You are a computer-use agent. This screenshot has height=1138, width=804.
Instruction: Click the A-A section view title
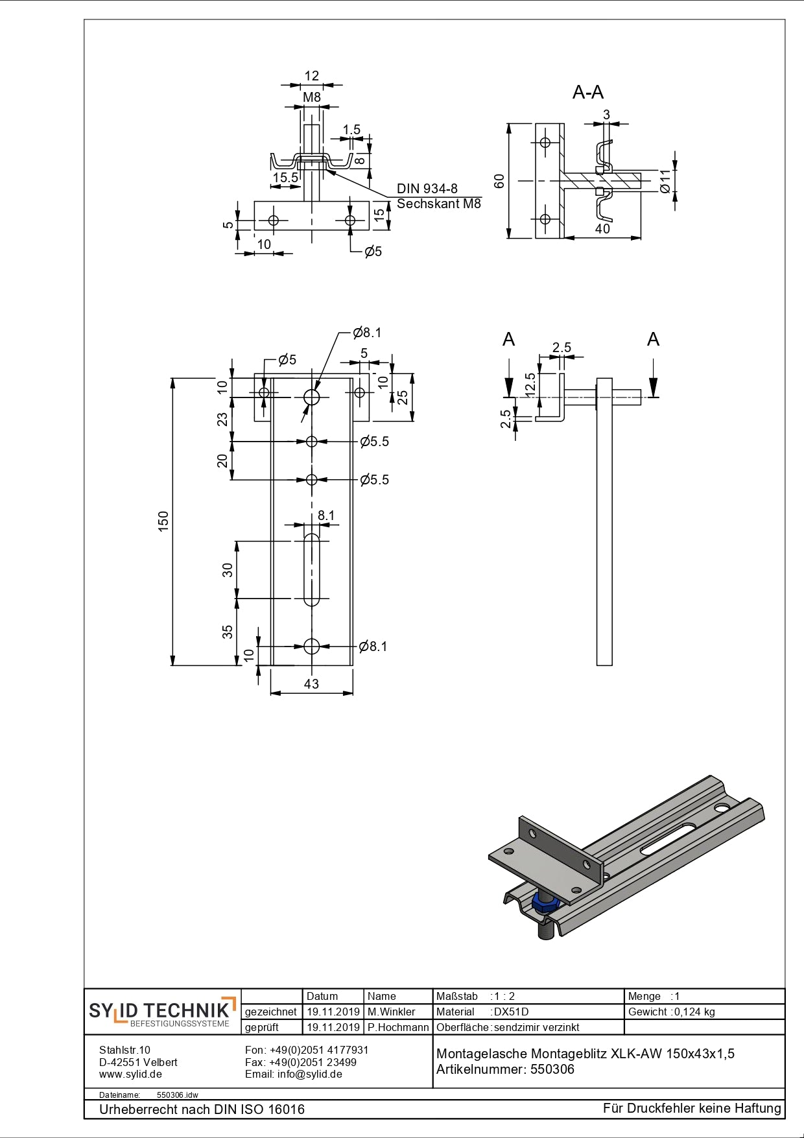click(x=587, y=93)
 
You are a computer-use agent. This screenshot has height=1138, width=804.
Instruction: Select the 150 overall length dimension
click(x=163, y=521)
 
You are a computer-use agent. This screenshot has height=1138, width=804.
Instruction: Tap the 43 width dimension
click(x=311, y=684)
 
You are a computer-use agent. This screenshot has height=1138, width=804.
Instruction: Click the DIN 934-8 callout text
click(x=427, y=189)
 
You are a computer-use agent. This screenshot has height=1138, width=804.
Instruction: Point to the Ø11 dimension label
click(x=665, y=181)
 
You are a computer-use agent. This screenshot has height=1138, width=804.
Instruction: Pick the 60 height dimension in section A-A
click(x=499, y=181)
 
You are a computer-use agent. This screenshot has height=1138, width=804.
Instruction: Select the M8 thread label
click(x=312, y=97)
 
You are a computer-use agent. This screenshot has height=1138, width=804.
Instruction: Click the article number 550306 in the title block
click(x=552, y=1069)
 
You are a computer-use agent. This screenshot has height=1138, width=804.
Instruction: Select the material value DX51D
click(x=511, y=1012)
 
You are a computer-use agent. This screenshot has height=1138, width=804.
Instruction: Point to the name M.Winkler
click(x=391, y=1012)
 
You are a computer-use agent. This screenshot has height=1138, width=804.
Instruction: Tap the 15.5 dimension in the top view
click(x=285, y=178)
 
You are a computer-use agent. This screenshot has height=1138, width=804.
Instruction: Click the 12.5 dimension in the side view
click(x=531, y=385)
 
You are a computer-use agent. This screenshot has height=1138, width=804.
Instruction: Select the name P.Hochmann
click(x=397, y=1027)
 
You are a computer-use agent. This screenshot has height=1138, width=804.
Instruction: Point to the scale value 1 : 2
click(x=504, y=996)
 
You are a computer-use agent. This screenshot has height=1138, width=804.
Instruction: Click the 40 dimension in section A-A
click(x=602, y=229)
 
